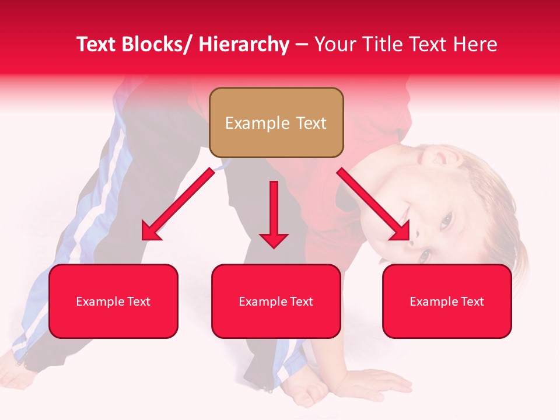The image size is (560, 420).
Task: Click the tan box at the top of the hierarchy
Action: click(x=276, y=123)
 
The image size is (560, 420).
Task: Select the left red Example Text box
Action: click(x=113, y=301)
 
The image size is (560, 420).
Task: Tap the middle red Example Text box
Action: click(x=276, y=301)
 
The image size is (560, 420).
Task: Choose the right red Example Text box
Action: click(x=447, y=301)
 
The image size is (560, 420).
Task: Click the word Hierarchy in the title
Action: click(x=243, y=45)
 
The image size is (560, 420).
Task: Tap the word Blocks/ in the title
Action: click(x=156, y=45)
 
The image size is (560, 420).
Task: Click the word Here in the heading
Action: click(x=474, y=45)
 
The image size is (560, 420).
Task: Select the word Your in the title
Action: click(x=334, y=45)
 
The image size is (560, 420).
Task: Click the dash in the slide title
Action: click(x=302, y=45)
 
